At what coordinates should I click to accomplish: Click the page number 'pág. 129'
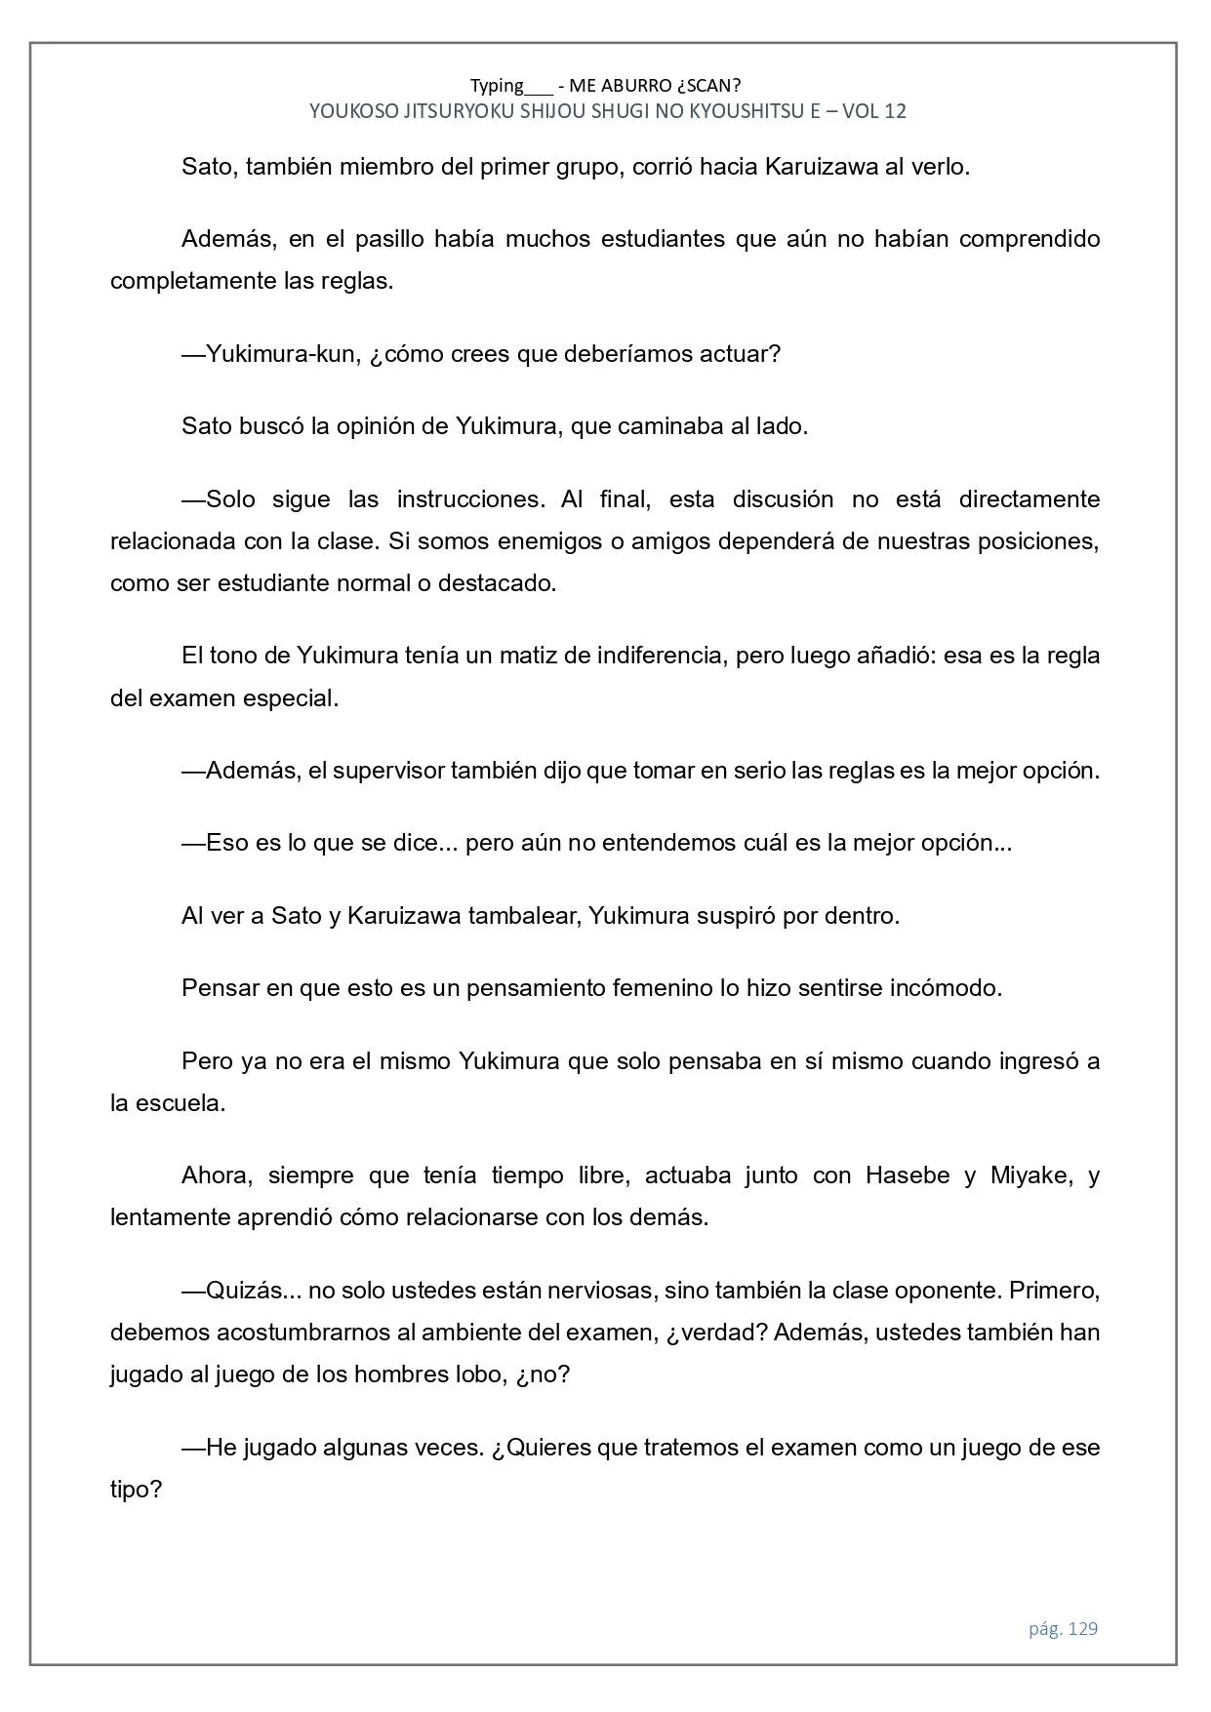point(1063,1628)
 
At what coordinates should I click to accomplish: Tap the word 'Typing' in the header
point(497,85)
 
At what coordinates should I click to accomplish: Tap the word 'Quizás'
point(242,1291)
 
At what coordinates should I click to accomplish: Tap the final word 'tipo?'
point(136,1490)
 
